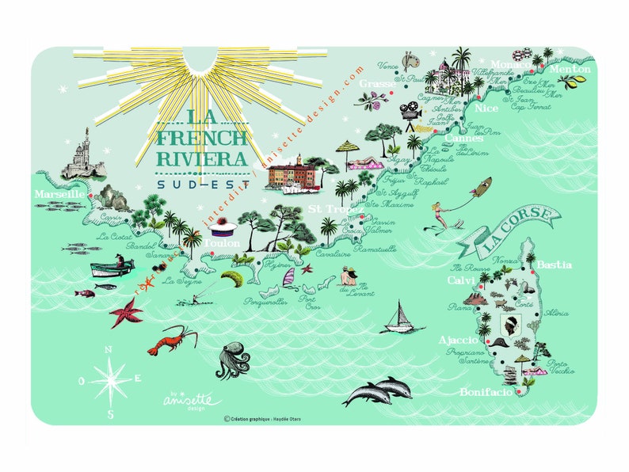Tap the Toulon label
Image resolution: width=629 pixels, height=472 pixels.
pyautogui.click(x=222, y=244)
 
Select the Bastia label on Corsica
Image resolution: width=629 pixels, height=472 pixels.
pyautogui.click(x=554, y=265)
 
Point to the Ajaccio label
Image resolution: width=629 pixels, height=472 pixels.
pyautogui.click(x=459, y=340)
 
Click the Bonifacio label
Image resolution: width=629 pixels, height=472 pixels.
pyautogui.click(x=486, y=392)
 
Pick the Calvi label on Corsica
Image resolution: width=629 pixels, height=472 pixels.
pyautogui.click(x=460, y=281)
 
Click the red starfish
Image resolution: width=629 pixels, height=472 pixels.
pyautogui.click(x=126, y=311)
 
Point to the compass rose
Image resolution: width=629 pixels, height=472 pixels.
pyautogui.click(x=111, y=379)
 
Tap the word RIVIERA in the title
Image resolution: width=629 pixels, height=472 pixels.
pyautogui.click(x=202, y=158)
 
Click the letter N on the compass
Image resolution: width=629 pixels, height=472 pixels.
pyautogui.click(x=109, y=348)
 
